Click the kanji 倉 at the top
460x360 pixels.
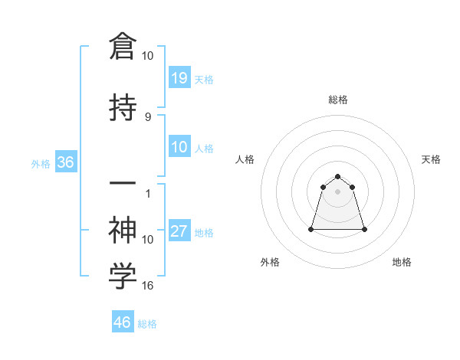(x=123, y=47)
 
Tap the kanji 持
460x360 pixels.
(x=123, y=108)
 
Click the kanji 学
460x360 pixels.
(x=123, y=277)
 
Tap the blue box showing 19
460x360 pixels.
(x=179, y=77)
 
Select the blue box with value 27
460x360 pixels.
(x=179, y=231)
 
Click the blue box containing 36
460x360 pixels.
(x=65, y=162)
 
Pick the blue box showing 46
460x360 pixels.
(x=123, y=322)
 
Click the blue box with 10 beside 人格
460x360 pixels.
(x=179, y=147)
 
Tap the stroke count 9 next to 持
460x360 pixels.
(x=148, y=117)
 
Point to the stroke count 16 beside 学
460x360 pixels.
(x=148, y=286)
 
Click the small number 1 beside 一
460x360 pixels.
(x=148, y=194)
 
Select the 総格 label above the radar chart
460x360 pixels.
(x=338, y=100)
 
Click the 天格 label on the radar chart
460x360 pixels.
(x=431, y=159)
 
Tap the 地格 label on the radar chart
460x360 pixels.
(x=402, y=262)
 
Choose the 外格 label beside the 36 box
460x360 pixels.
(x=41, y=163)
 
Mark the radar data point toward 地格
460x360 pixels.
(x=364, y=229)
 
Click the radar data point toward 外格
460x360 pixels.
(x=312, y=229)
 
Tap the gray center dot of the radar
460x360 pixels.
(x=338, y=191)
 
